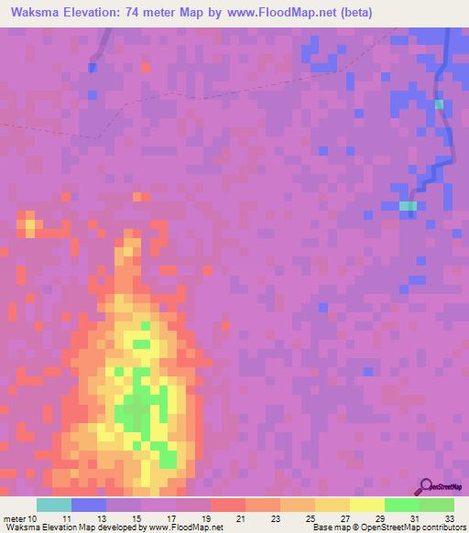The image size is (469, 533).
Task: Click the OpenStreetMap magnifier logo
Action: (x=426, y=486)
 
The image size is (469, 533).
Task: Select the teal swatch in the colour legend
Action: (x=54, y=505)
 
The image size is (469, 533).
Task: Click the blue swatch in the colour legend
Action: (x=89, y=505)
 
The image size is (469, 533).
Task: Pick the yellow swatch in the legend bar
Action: (x=366, y=505)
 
